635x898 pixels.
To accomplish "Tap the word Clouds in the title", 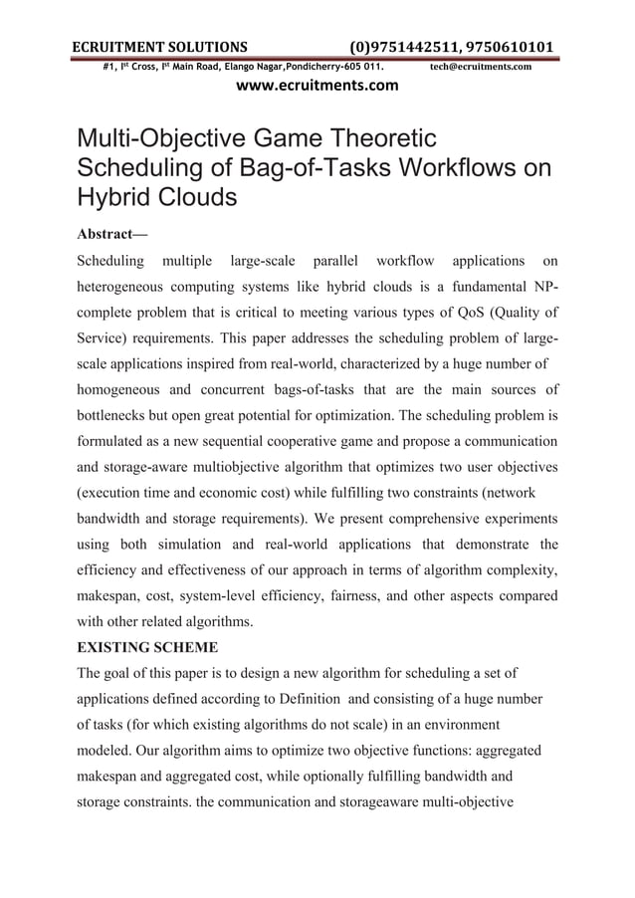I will click(x=194, y=195).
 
